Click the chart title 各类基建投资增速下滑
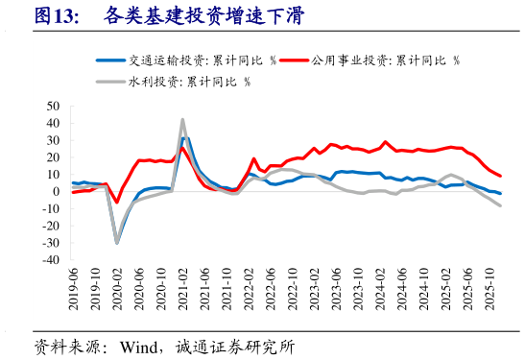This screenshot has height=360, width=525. click(203, 16)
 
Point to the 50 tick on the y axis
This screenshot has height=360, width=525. click(53, 106)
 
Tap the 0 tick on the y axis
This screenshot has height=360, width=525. click(57, 191)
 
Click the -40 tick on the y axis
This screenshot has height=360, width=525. click(50, 260)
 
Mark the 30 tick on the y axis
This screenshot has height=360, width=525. click(53, 140)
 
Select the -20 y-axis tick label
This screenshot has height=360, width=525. click(50, 226)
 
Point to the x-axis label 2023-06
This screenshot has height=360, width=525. click(336, 287)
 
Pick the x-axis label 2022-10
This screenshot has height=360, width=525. click(293, 287)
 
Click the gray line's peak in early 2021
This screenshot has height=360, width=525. click(182, 120)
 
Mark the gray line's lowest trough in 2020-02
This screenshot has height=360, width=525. click(117, 243)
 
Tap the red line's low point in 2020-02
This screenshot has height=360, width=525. click(117, 203)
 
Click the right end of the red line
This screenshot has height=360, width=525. click(500, 176)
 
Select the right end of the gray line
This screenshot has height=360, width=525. click(500, 205)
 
